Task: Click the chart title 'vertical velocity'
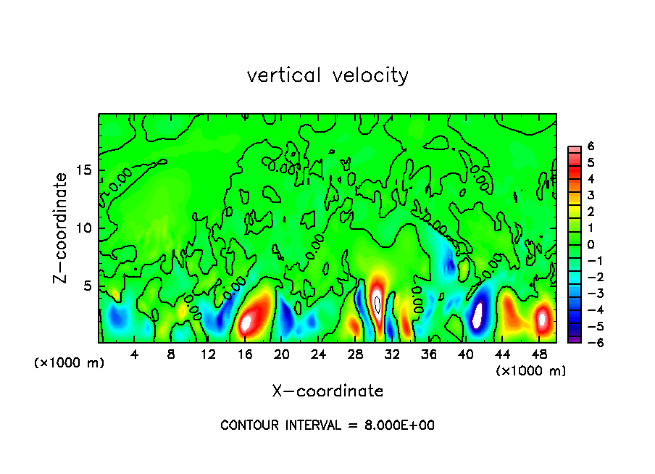click(327, 75)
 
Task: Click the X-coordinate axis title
click(327, 391)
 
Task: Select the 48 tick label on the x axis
click(540, 354)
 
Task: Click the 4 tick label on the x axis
click(135, 354)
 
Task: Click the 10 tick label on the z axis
click(82, 228)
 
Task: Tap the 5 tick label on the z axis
click(85, 286)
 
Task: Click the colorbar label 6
click(591, 146)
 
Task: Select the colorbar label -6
click(588, 342)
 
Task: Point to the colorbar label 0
click(591, 244)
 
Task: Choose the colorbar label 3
click(591, 195)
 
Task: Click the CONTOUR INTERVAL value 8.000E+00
click(398, 425)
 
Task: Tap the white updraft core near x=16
click(248, 320)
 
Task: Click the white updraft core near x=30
click(377, 302)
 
